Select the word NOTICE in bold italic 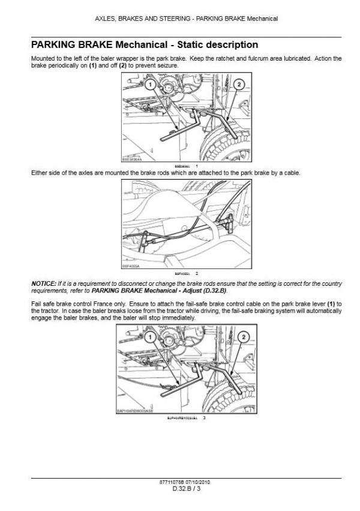point(43,282)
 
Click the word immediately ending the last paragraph point(178,318)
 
